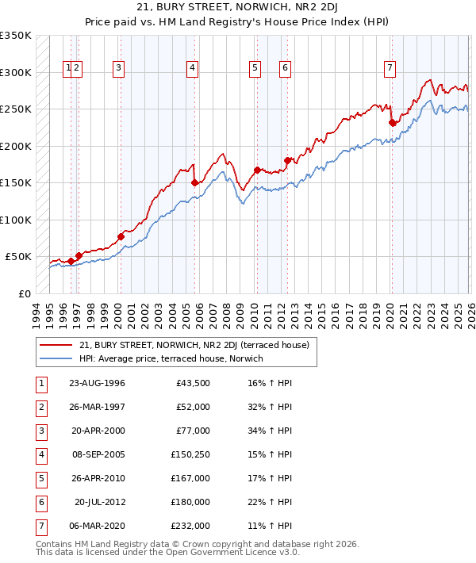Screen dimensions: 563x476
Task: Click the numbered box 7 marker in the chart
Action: pos(390,68)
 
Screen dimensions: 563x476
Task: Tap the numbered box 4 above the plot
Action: pos(193,68)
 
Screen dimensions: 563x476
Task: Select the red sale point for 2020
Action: pos(392,122)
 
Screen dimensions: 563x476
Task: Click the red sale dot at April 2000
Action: pos(121,236)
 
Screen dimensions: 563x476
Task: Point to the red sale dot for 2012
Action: pos(287,160)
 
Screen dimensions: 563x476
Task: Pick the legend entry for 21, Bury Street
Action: pos(198,345)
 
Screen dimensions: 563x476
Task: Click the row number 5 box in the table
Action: pos(40,478)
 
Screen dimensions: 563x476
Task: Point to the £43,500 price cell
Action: pos(193,383)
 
